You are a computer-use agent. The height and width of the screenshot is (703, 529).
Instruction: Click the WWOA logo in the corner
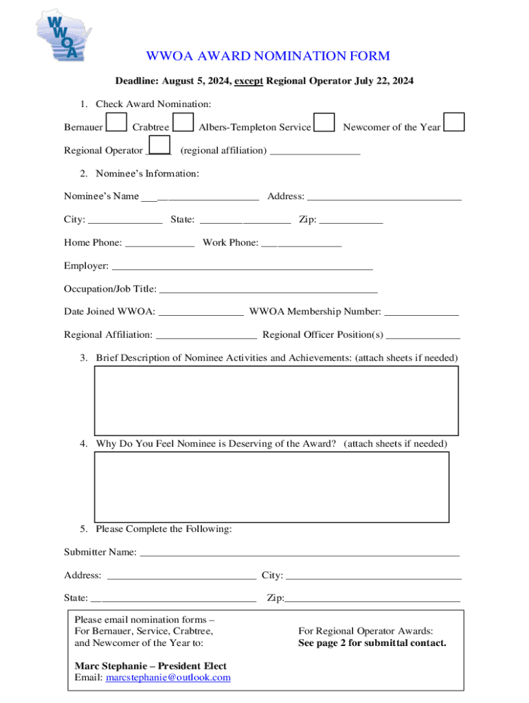pos(63,36)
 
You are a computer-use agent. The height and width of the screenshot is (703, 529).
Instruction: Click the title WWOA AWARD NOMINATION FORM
pos(267,56)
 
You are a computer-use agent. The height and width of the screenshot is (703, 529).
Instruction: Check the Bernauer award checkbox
pos(117,123)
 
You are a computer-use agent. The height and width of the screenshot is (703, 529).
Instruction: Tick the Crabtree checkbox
pos(183,123)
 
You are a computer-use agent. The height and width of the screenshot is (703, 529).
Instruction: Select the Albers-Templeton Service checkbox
pos(324,123)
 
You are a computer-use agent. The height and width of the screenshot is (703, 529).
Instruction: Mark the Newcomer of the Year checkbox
pos(454,122)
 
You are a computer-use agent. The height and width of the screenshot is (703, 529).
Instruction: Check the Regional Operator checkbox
pos(159,146)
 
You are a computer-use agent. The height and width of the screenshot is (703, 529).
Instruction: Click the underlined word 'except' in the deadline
pos(249,81)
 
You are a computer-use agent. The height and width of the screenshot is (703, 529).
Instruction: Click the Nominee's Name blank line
pos(200,198)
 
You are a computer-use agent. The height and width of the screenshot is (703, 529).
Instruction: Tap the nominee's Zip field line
pos(351,221)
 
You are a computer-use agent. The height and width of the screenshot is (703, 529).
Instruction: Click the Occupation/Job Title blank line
pos(268,290)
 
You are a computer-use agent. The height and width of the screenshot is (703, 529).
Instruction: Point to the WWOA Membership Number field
pos(421,313)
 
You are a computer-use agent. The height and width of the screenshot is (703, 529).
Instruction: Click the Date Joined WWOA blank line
pos(201,313)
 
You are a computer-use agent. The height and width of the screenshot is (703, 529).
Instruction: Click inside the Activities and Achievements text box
pos(276,400)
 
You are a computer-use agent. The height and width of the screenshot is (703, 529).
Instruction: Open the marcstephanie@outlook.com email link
pos(168,678)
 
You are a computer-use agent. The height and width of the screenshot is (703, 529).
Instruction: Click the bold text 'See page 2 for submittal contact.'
pos(372,643)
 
